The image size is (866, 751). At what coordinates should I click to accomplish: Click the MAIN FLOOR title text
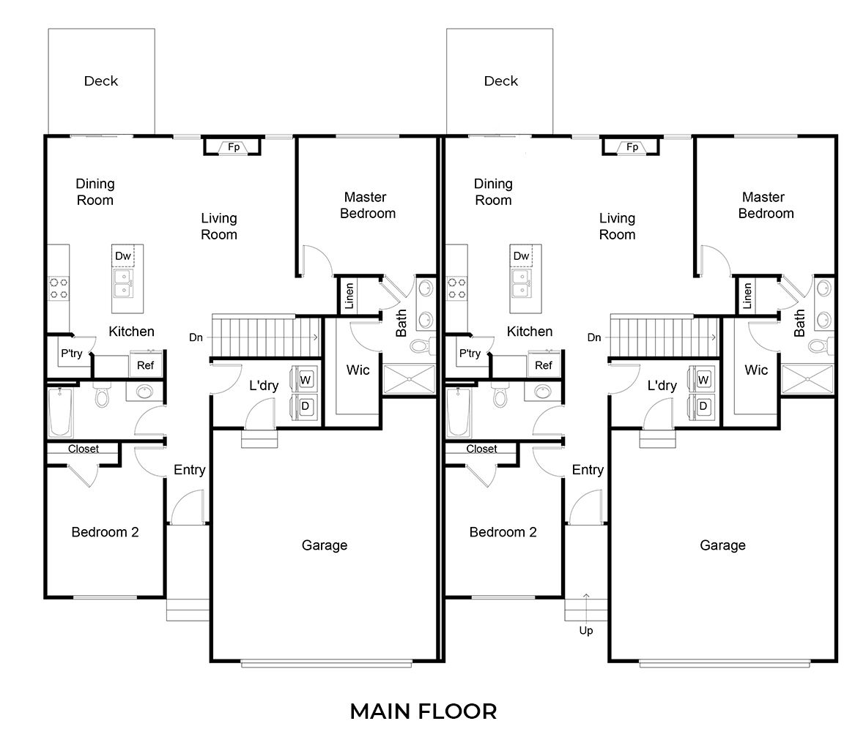pyautogui.click(x=423, y=711)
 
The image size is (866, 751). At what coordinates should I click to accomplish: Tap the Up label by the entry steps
pyautogui.click(x=586, y=630)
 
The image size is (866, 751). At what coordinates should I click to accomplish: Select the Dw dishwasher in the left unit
pyautogui.click(x=123, y=256)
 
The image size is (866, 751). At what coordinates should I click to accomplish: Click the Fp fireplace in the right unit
pyautogui.click(x=632, y=147)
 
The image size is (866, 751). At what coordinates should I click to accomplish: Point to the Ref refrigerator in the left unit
pyautogui.click(x=146, y=365)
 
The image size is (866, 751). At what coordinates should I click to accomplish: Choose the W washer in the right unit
pyautogui.click(x=703, y=380)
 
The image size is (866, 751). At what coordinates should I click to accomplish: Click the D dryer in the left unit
pyautogui.click(x=306, y=406)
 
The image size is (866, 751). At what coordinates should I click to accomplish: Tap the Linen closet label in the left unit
pyautogui.click(x=349, y=295)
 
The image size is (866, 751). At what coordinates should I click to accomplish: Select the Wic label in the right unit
pyautogui.click(x=756, y=370)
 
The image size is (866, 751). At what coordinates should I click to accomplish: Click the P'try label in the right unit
pyautogui.click(x=470, y=354)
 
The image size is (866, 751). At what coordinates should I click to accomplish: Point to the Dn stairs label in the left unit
pyautogui.click(x=196, y=337)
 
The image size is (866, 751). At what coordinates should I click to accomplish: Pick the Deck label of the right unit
pyautogui.click(x=501, y=81)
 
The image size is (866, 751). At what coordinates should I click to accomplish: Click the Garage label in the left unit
pyautogui.click(x=325, y=545)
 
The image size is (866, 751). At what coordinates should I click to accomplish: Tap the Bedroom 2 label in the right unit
pyautogui.click(x=503, y=532)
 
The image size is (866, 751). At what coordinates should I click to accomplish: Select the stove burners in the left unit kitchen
pyautogui.click(x=59, y=288)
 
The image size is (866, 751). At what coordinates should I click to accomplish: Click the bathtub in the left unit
pyautogui.click(x=60, y=411)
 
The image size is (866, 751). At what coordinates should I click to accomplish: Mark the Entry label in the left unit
pyautogui.click(x=189, y=470)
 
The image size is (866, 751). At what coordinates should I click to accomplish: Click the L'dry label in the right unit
pyautogui.click(x=662, y=385)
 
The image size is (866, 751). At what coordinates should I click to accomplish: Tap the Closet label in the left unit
pyautogui.click(x=83, y=449)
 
